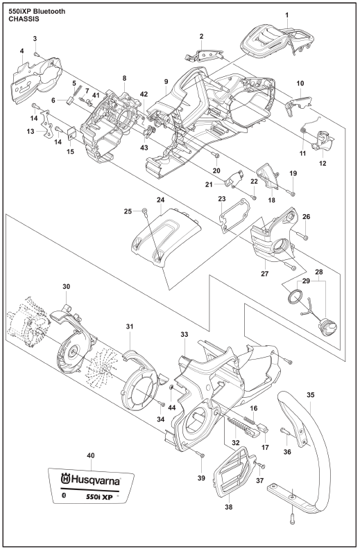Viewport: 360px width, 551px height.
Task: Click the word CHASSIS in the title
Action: [x=24, y=19]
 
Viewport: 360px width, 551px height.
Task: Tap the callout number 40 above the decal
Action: [x=91, y=455]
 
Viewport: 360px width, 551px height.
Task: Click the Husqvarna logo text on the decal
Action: [x=91, y=480]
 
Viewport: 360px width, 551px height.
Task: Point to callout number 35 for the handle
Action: [x=311, y=394]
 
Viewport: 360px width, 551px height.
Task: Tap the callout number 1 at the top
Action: [x=287, y=15]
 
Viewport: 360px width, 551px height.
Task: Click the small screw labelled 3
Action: [x=36, y=53]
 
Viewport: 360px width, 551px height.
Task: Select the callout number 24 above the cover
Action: [x=160, y=200]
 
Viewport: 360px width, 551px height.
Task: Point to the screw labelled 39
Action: [x=202, y=455]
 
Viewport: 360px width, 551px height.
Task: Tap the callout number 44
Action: [x=171, y=408]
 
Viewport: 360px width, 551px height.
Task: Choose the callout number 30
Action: [x=67, y=287]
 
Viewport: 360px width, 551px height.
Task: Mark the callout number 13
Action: [x=31, y=132]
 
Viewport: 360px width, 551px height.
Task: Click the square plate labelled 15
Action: [x=71, y=133]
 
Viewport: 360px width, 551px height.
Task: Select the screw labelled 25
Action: [x=144, y=211]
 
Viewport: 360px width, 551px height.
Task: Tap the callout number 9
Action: [x=166, y=82]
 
